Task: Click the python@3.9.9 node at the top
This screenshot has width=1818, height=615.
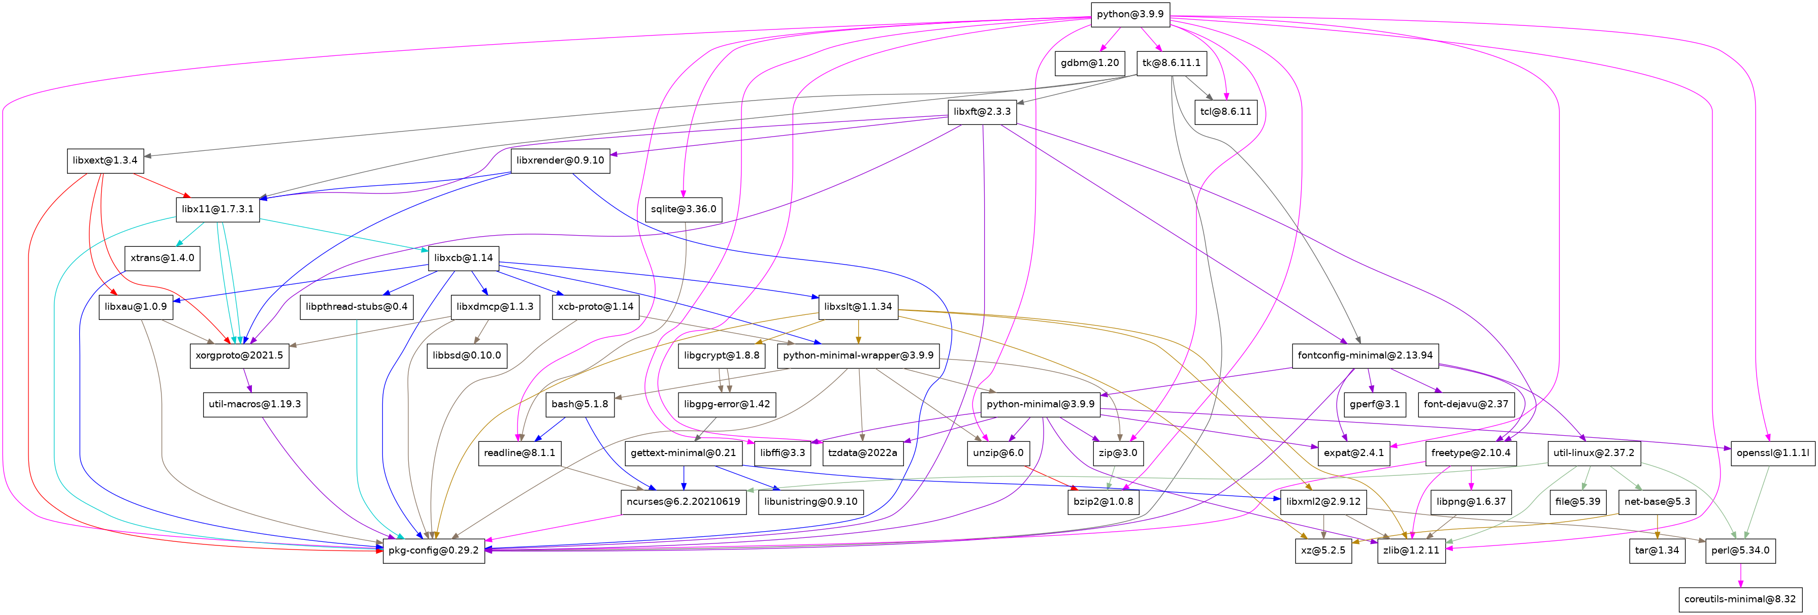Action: [1130, 14]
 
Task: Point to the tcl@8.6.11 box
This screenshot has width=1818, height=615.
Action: [1226, 112]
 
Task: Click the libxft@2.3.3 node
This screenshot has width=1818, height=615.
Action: [982, 112]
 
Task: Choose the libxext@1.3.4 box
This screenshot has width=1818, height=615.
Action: [105, 160]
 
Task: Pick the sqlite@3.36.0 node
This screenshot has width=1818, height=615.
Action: [683, 209]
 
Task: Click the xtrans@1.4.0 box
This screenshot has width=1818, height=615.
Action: [163, 257]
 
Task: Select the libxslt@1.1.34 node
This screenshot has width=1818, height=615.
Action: [858, 306]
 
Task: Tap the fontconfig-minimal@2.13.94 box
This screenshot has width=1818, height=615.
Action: [1365, 355]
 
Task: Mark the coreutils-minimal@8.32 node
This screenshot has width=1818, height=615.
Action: [1740, 599]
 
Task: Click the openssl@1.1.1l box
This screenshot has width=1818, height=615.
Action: [1771, 452]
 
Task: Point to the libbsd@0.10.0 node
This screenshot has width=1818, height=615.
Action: [467, 355]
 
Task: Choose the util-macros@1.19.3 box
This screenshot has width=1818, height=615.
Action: [255, 404]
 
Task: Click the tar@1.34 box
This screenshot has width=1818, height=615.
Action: [1657, 550]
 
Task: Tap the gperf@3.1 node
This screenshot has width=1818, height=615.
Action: [1375, 404]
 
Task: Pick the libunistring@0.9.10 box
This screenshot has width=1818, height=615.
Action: [810, 501]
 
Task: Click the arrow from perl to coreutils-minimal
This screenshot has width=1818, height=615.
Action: [1740, 575]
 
